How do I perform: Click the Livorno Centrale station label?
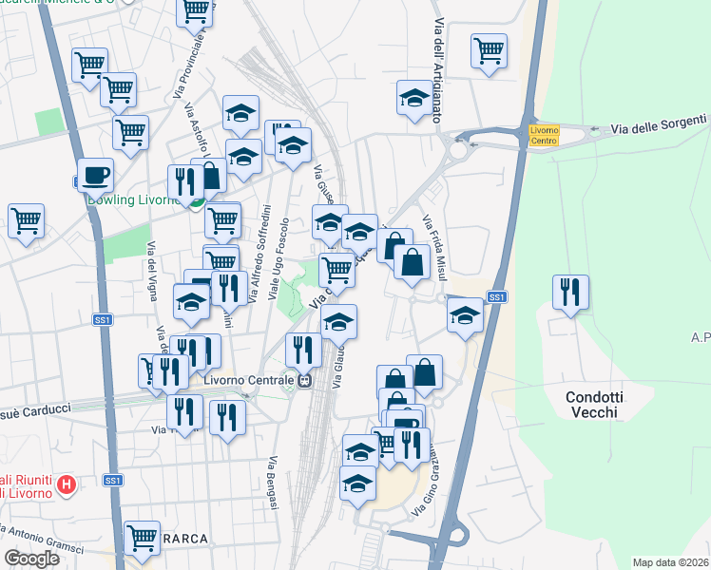point(249,381)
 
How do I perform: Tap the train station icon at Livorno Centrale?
point(305,381)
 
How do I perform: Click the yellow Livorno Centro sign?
point(545,135)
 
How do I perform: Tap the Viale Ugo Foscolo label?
point(281,260)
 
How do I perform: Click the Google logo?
point(32,558)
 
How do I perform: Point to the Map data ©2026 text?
point(669,561)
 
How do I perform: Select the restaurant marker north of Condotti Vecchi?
point(569,292)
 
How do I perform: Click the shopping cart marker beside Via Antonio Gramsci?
point(143,538)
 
